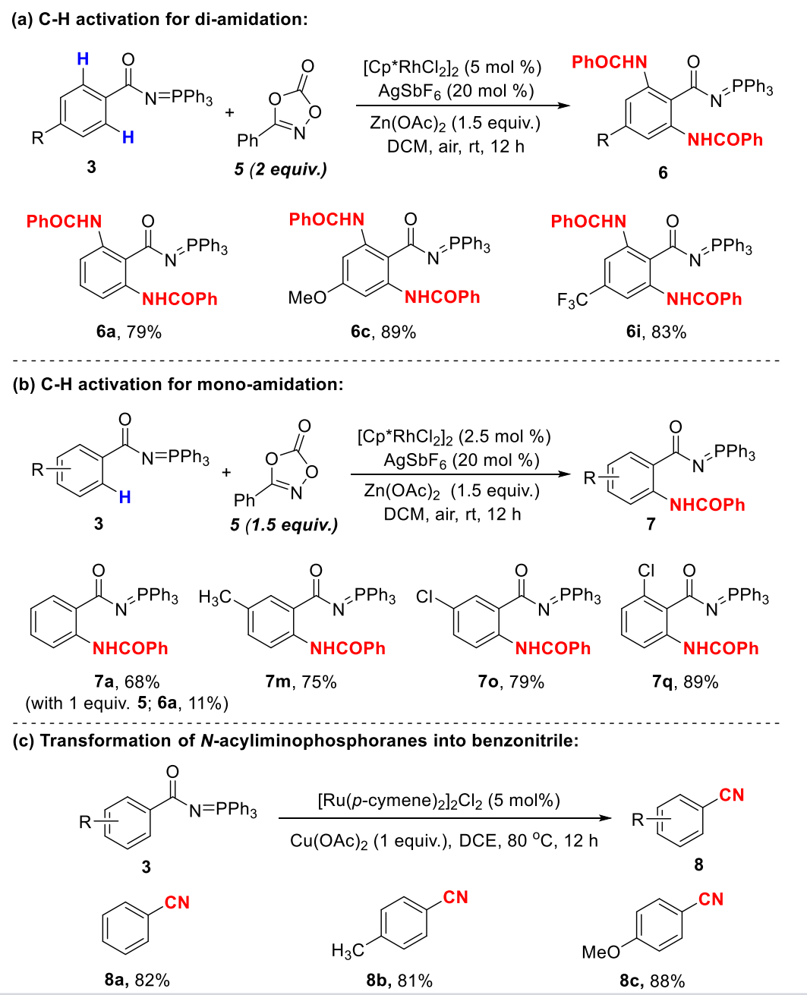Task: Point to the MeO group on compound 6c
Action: click(307, 298)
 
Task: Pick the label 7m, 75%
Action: click(301, 682)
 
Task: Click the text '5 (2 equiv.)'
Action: click(281, 168)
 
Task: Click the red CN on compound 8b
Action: click(456, 898)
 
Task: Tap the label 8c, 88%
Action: click(652, 980)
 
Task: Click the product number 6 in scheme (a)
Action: click(663, 173)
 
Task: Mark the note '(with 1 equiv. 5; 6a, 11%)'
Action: click(127, 703)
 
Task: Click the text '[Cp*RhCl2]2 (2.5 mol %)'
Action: click(454, 436)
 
